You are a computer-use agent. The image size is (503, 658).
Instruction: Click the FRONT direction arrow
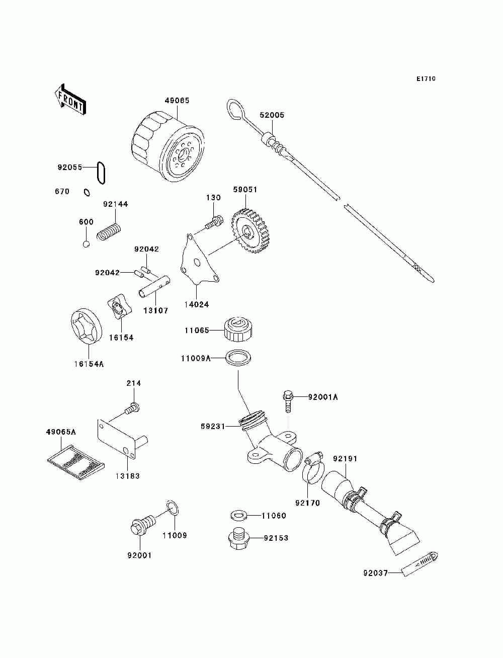coord(70,100)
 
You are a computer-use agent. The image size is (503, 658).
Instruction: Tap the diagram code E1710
coord(426,79)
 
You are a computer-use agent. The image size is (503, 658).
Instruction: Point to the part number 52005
coord(272,115)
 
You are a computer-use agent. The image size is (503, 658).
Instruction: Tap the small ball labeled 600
coord(86,244)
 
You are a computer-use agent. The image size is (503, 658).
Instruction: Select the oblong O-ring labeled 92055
coord(102,173)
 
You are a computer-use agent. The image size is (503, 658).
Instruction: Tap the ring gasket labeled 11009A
coord(238,358)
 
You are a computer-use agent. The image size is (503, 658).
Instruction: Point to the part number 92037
coord(376,573)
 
